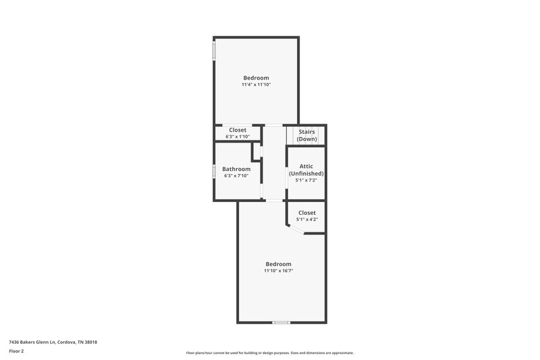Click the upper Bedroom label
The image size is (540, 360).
[256, 78]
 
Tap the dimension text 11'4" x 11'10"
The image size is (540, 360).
[256, 85]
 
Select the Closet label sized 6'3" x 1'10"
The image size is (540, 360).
[238, 130]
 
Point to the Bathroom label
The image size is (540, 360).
[236, 169]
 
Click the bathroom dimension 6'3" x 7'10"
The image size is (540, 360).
[236, 176]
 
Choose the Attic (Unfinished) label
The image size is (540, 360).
[306, 170]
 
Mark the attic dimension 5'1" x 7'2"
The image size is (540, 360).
[306, 180]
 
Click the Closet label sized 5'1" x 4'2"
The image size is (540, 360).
[307, 213]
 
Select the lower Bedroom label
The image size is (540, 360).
[278, 264]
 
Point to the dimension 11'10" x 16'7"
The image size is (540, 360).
[278, 271]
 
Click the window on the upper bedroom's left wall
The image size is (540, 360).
[215, 51]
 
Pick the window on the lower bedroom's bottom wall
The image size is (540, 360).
[281, 323]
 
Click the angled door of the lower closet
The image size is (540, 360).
[295, 231]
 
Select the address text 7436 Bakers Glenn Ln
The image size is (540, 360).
[32, 342]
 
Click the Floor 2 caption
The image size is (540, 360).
[16, 352]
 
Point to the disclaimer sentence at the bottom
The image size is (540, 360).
[269, 353]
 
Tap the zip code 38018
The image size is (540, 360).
[90, 342]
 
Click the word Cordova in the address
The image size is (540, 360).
[67, 342]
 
